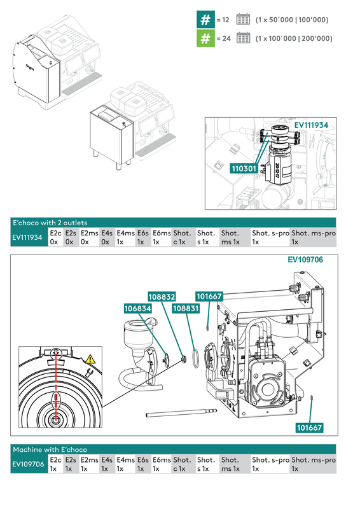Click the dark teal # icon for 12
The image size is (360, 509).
point(205,20)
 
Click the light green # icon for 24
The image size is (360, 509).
point(205,38)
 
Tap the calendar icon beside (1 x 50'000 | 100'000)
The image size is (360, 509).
point(243,20)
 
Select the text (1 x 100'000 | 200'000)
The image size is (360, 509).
point(293,39)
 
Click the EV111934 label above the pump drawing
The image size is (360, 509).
point(311,125)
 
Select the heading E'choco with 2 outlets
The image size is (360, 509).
point(51,223)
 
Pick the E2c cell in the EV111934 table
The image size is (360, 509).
point(55,238)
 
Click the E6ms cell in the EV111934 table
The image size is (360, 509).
point(162,238)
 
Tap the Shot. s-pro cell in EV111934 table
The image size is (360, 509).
point(270,238)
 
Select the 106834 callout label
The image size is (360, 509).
point(137,308)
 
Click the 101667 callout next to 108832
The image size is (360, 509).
point(209,296)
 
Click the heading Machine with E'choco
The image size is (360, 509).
point(50,450)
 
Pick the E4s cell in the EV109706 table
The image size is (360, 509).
point(107,464)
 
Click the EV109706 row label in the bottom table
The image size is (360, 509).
point(29,464)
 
